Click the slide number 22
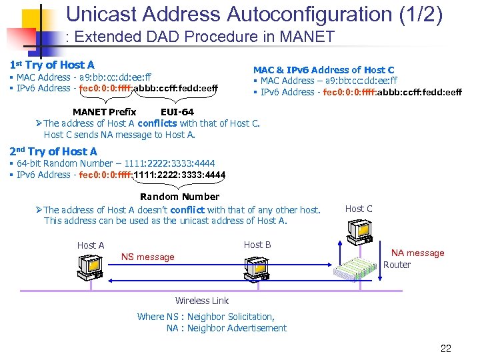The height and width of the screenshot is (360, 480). (x=446, y=347)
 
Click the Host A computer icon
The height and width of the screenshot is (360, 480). (x=89, y=266)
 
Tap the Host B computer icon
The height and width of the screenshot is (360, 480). (x=256, y=267)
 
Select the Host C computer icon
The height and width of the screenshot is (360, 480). (x=358, y=231)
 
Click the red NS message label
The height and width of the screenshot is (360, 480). (x=147, y=257)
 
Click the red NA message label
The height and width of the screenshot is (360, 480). (x=417, y=253)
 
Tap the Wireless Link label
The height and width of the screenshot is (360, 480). (x=201, y=301)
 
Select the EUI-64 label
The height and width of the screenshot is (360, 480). (x=177, y=111)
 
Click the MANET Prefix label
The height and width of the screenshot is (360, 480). (x=104, y=111)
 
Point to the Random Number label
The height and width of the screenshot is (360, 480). (x=179, y=196)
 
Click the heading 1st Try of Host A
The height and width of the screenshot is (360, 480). (x=52, y=65)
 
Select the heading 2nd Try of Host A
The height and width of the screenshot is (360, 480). (x=53, y=151)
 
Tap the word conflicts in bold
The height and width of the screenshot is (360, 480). (x=157, y=123)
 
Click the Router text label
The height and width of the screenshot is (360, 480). (x=397, y=265)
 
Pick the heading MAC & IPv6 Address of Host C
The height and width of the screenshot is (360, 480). (x=323, y=69)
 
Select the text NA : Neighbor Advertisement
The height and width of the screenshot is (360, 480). (x=226, y=328)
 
